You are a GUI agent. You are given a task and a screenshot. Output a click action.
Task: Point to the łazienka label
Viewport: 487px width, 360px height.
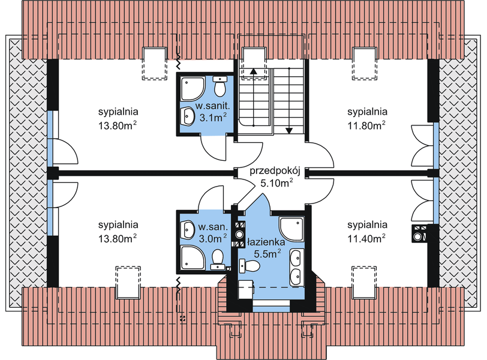[x=263, y=242]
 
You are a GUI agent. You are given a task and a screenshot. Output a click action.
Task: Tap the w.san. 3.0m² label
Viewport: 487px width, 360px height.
[x=212, y=233]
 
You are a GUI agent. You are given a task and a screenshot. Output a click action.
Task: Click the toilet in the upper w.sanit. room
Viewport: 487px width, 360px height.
[x=220, y=87]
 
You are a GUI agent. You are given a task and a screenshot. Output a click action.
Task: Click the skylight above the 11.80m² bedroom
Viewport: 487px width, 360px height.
[x=363, y=63]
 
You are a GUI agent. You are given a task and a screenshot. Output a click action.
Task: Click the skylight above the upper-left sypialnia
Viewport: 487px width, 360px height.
[x=154, y=63]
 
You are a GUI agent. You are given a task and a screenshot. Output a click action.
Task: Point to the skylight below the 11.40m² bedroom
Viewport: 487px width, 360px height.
[x=363, y=281]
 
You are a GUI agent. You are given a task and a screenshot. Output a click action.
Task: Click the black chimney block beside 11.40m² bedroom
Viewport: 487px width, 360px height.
[x=419, y=233]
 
